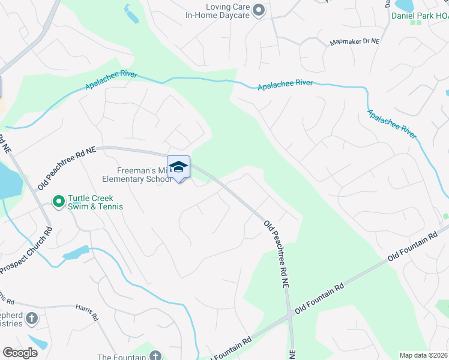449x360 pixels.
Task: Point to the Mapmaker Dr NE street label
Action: pyautogui.click(x=355, y=43)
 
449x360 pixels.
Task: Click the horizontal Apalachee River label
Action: pyautogui.click(x=285, y=85)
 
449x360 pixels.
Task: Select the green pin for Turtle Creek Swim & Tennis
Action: pyautogui.click(x=58, y=202)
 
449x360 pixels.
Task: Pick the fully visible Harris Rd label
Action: pyautogui.click(x=87, y=311)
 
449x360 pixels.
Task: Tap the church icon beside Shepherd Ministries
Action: pyautogui.click(x=32, y=318)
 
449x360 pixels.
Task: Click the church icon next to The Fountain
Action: pyautogui.click(x=155, y=355)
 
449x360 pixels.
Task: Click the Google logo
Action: pyautogui.click(x=20, y=352)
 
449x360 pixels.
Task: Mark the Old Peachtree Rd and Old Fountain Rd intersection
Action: pyautogui.click(x=291, y=314)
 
